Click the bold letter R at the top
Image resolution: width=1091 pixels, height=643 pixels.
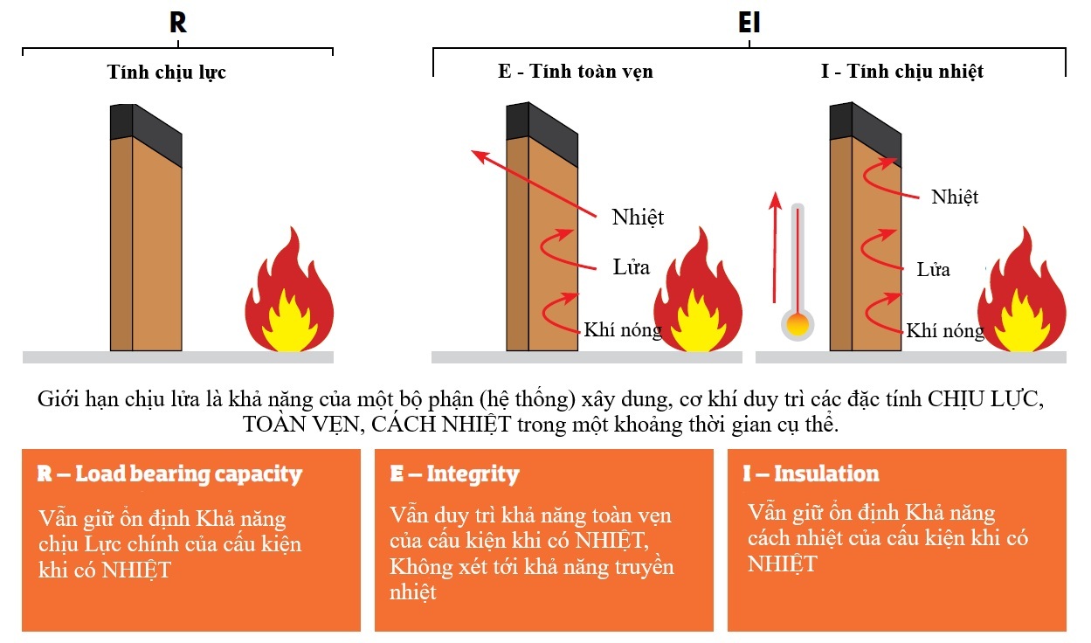click(x=177, y=22)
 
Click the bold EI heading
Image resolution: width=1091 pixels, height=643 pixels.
click(x=749, y=23)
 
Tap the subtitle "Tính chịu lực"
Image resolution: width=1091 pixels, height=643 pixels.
click(x=167, y=72)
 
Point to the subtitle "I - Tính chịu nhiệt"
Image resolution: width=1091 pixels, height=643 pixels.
click(x=902, y=72)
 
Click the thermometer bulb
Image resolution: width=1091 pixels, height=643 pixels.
click(x=798, y=326)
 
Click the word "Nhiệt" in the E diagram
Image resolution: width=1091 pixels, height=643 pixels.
click(x=638, y=217)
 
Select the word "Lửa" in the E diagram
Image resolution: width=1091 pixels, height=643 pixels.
click(x=631, y=267)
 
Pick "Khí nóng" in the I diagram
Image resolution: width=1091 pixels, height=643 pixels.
click(x=945, y=331)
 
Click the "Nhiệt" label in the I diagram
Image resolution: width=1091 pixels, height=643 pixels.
click(x=955, y=197)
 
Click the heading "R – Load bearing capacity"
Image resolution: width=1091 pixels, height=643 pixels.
click(x=169, y=474)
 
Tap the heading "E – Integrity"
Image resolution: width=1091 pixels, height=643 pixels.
click(x=454, y=474)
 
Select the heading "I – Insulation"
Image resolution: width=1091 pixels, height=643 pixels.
click(x=811, y=474)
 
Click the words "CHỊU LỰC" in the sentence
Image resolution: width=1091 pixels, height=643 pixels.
click(x=984, y=401)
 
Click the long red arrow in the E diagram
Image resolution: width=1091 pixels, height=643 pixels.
click(x=534, y=183)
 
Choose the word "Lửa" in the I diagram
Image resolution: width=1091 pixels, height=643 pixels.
click(x=933, y=269)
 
